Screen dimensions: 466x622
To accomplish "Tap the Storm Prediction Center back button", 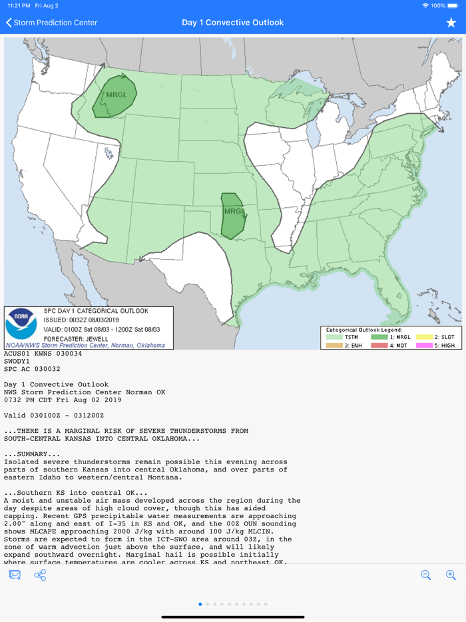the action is [52, 23].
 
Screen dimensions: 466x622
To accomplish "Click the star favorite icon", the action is [451, 23].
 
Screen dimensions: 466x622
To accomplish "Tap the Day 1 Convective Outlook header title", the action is [233, 23].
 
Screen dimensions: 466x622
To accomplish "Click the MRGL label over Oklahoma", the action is [234, 211].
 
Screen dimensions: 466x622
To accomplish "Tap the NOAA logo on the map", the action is [21, 324].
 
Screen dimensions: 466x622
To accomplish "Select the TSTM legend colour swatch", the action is [334, 338].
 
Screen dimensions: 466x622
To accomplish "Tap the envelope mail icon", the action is [15, 575].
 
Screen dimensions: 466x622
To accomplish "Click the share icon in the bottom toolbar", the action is [40, 575].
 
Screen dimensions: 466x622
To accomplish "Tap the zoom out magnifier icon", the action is [426, 575].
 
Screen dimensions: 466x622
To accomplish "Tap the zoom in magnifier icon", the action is [451, 575].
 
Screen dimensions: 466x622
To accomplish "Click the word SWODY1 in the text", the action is [18, 361].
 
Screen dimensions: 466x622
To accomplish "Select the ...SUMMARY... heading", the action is [32, 454].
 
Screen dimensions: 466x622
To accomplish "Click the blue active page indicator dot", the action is [200, 604].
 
